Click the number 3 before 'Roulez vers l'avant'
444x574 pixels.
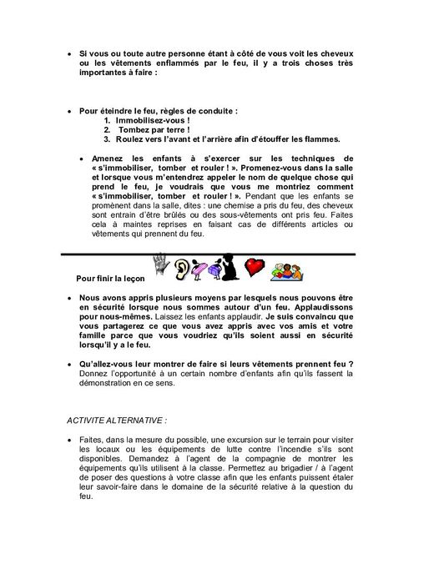(x=107, y=139)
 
